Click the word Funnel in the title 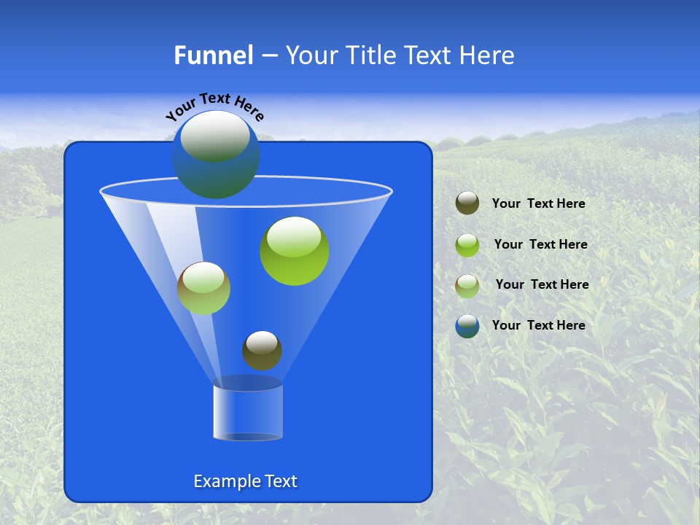(213, 55)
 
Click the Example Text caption (245, 481)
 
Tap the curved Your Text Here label (215, 106)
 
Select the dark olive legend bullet (467, 203)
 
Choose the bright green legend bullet (467, 244)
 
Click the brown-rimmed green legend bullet (467, 285)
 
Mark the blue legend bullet (467, 326)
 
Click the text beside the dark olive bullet (538, 203)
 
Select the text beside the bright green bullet (540, 244)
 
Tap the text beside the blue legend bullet (538, 325)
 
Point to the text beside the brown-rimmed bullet (542, 284)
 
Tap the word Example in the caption (225, 481)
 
